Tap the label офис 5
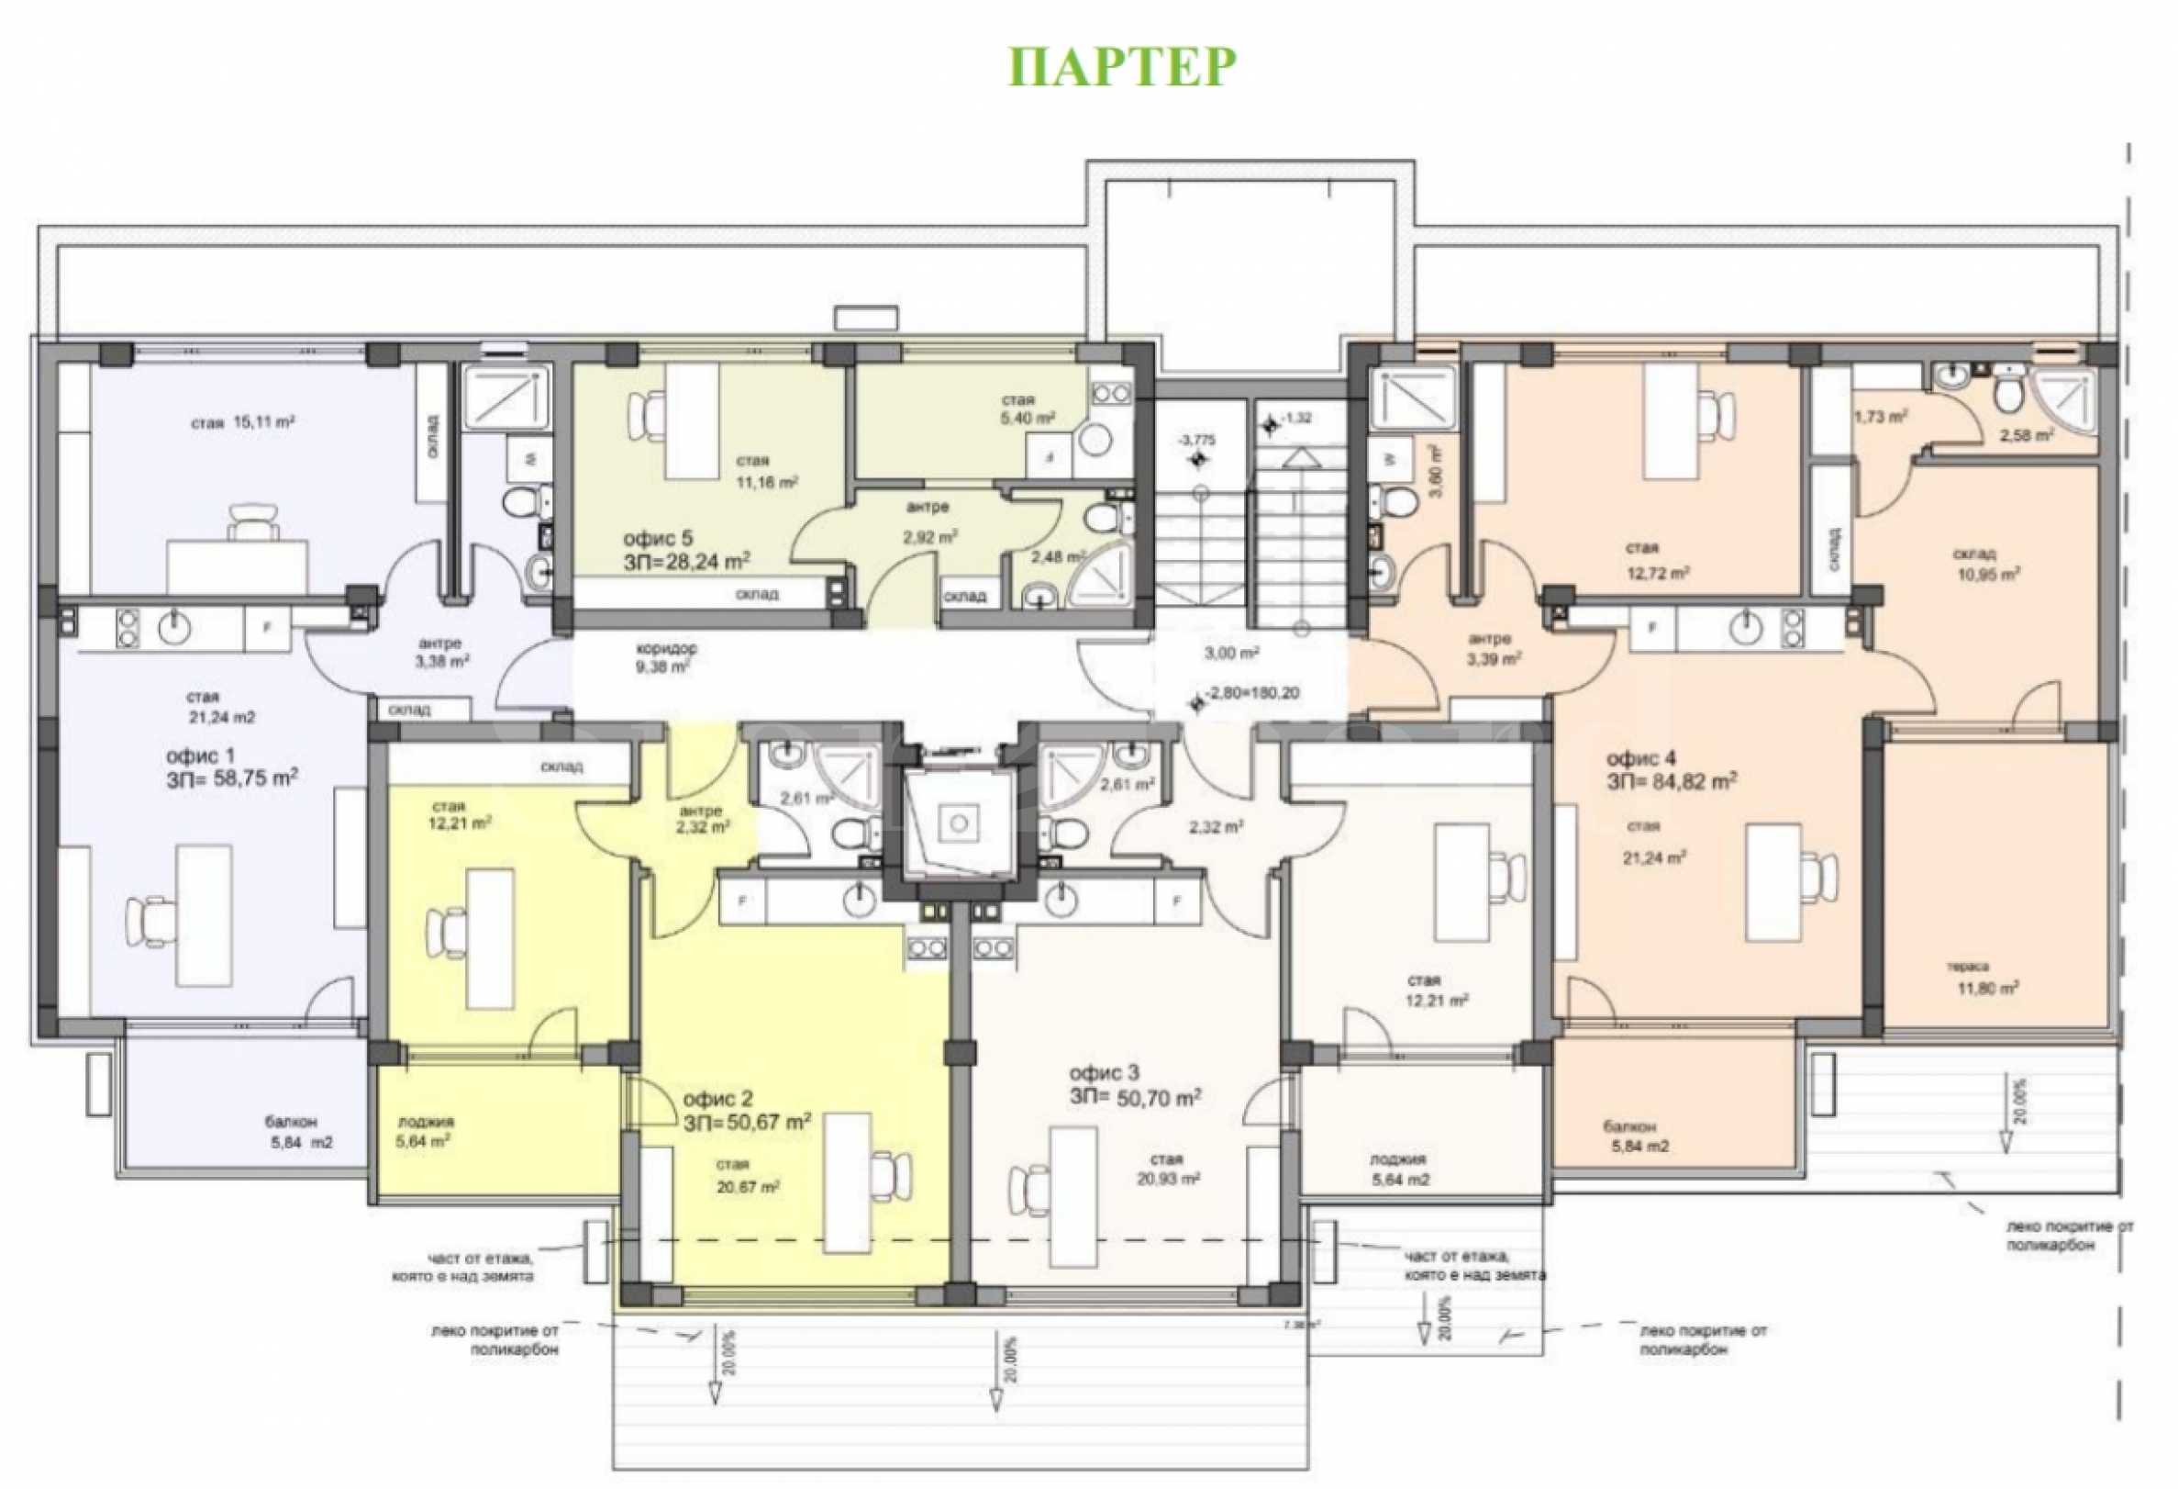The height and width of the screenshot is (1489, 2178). tap(658, 538)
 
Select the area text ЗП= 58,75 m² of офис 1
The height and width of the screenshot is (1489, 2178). tap(232, 778)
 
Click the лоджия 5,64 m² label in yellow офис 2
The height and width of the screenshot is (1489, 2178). tap(425, 1132)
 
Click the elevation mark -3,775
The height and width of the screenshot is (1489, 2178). tap(1195, 441)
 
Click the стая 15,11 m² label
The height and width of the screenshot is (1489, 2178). tap(243, 423)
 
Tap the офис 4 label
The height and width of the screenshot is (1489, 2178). tap(1641, 758)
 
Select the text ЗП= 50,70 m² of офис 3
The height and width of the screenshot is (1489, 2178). tap(1135, 1097)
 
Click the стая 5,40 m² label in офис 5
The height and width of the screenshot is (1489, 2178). tap(1028, 409)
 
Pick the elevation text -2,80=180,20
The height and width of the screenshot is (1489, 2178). tap(1253, 693)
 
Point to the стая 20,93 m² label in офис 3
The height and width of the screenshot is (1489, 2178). tap(1168, 1170)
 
